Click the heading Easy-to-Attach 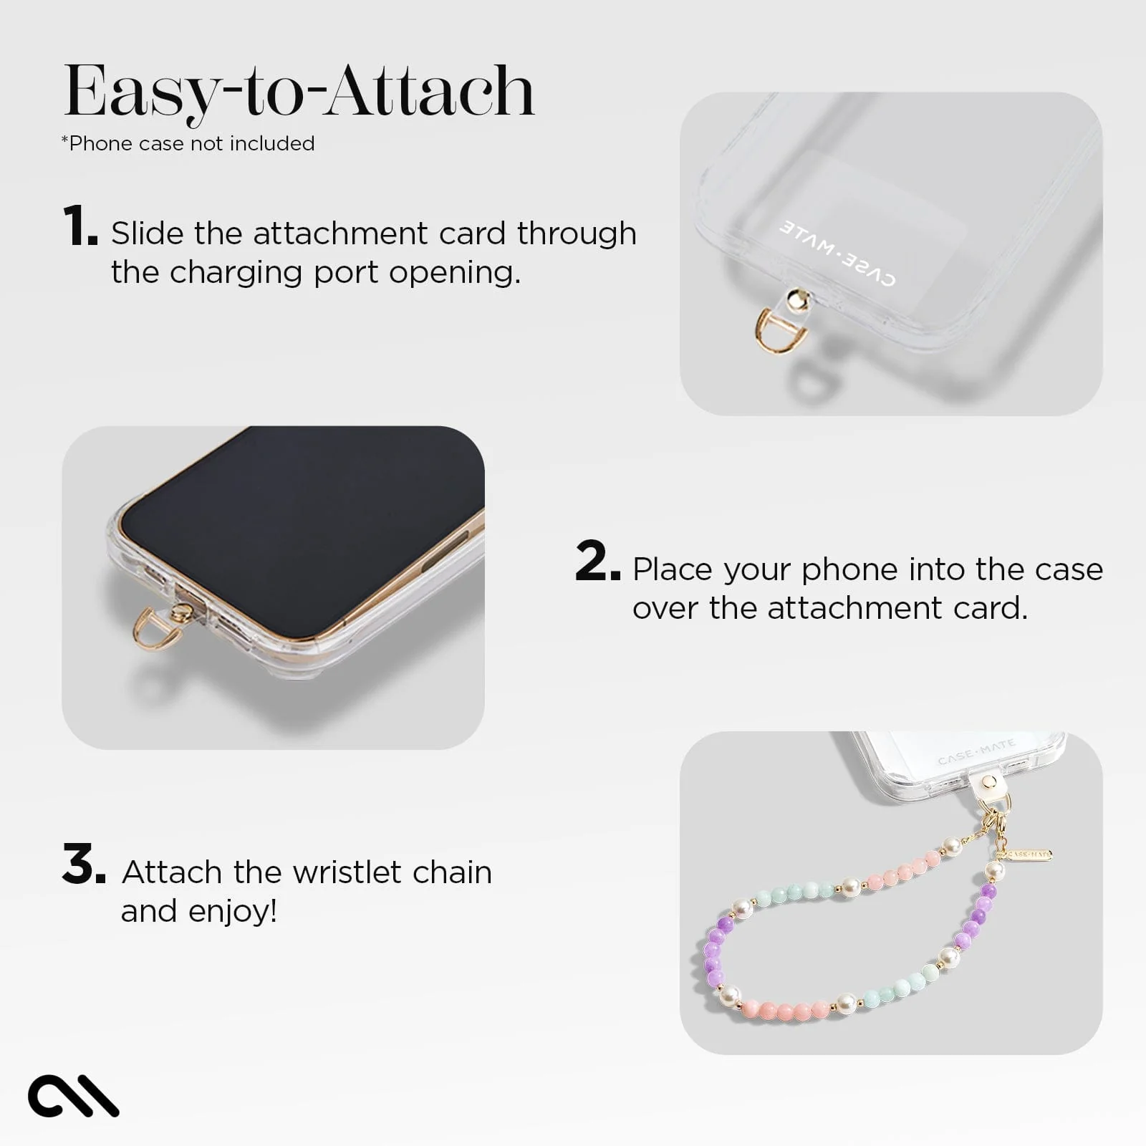(x=299, y=92)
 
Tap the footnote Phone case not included (x=188, y=143)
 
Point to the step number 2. (x=596, y=562)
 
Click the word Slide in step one (x=148, y=233)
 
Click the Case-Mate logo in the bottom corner (x=73, y=1095)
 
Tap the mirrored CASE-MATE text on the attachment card (x=837, y=254)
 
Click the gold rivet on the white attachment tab (x=988, y=781)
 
